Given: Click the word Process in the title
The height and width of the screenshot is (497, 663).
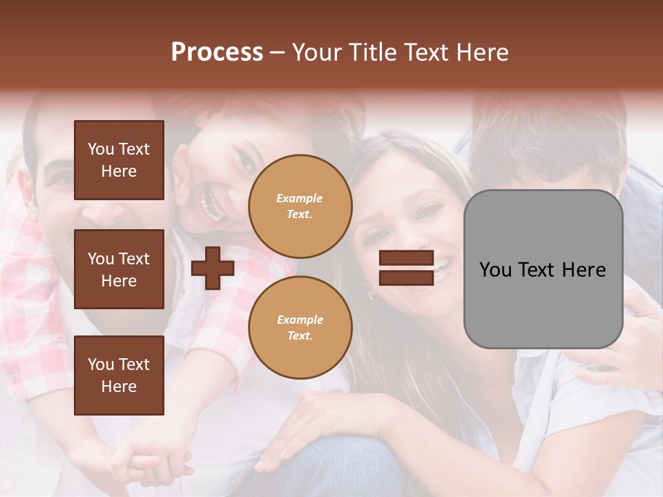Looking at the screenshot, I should pos(217,52).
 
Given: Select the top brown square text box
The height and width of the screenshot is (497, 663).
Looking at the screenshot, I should pos(119,160).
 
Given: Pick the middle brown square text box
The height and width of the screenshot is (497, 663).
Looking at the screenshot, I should pos(119,269).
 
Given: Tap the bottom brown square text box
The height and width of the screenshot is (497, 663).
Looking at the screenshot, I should pos(119,375).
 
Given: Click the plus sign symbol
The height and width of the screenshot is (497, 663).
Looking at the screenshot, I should pos(213,269).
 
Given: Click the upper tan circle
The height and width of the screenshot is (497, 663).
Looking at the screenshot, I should pos(300,206).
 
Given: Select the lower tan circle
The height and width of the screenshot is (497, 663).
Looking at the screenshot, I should pos(300,328).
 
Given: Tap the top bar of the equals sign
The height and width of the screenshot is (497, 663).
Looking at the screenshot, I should pos(406,258).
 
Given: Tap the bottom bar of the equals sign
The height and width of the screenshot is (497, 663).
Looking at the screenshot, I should pos(406,277).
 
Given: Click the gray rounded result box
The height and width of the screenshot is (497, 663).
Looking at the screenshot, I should pos(543,269).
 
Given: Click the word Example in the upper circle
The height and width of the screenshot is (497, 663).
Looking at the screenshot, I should pos(300,198).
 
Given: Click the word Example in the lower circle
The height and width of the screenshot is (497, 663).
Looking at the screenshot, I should pos(300,320).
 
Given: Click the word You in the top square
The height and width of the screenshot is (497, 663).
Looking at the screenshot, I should pos(101,149).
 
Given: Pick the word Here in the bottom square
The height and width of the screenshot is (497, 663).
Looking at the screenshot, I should pos(119,387).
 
